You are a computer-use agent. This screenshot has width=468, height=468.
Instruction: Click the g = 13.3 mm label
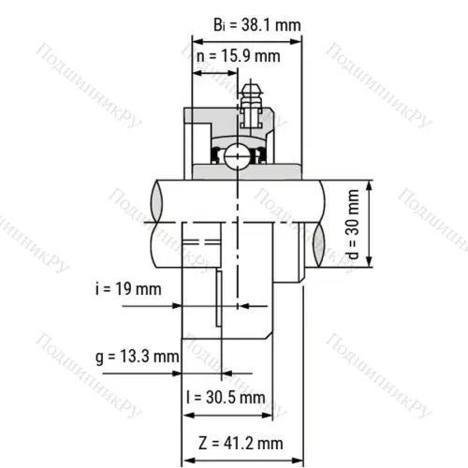(x=137, y=357)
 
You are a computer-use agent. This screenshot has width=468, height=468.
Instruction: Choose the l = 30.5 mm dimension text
(x=226, y=397)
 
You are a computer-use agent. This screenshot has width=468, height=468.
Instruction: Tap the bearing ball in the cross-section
(x=238, y=154)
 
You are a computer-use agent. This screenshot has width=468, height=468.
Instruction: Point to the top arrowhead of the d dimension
(x=371, y=185)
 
